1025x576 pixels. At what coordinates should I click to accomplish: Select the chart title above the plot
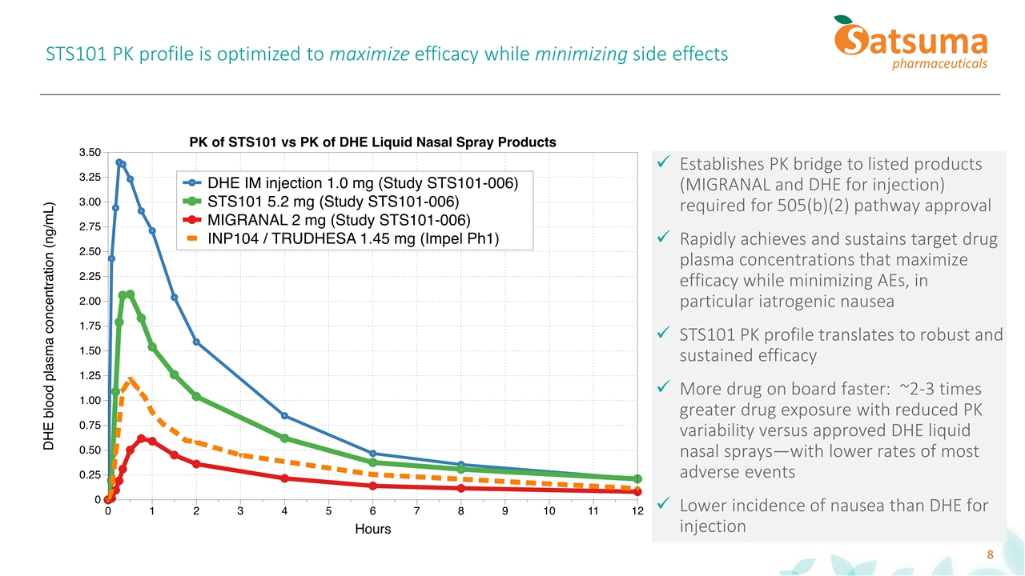372,142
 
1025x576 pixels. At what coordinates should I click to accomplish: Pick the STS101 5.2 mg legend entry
333,201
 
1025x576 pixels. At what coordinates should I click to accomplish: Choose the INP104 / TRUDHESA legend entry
353,238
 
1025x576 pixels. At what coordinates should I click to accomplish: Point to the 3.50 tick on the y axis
90,152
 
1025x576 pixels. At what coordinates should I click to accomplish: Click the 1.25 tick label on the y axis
90,375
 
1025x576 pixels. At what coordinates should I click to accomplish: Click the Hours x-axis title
372,530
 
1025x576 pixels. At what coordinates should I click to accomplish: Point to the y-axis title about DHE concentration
49,325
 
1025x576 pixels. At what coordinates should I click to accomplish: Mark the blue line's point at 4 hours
284,416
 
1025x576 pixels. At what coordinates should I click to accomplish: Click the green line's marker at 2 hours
196,397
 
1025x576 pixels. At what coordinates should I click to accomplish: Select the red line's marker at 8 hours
460,488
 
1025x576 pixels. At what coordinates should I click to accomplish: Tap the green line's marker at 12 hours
637,479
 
